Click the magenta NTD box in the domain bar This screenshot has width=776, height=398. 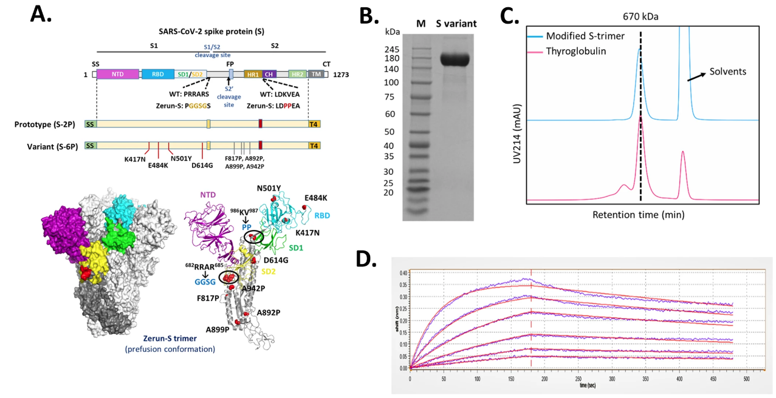(x=118, y=73)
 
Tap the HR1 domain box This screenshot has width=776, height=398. (x=252, y=73)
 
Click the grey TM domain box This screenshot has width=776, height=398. (x=316, y=73)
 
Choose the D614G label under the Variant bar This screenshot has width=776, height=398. (x=202, y=164)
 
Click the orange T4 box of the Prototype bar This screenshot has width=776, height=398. (x=314, y=124)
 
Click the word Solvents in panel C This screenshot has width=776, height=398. (x=730, y=71)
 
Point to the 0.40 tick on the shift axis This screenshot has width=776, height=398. (x=402, y=273)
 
